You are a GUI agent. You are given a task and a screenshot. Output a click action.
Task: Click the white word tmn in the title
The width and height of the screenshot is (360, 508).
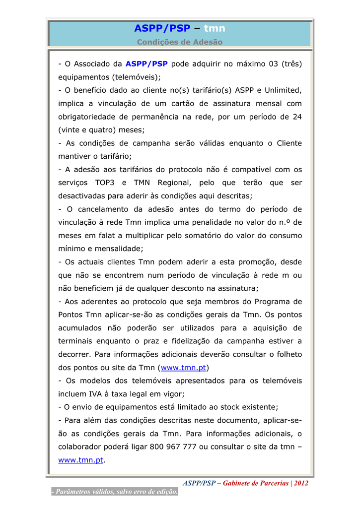click(215, 29)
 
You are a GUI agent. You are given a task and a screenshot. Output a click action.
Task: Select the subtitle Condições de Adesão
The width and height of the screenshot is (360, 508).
click(180, 42)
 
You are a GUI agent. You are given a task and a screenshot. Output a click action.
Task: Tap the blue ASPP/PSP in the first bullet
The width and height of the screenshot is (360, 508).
click(146, 64)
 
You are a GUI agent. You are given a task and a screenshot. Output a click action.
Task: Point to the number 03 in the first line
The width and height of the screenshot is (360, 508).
click(272, 64)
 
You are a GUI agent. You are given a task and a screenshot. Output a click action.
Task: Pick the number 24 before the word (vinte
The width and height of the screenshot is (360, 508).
click(297, 117)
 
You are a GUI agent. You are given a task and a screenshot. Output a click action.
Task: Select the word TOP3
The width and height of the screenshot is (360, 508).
click(105, 183)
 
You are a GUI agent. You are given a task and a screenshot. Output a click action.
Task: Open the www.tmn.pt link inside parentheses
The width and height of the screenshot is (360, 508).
click(183, 368)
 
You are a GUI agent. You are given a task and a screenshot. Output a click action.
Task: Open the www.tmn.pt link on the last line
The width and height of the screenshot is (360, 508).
click(80, 460)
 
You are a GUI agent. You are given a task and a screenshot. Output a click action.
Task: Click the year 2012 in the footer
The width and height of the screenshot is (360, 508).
click(301, 483)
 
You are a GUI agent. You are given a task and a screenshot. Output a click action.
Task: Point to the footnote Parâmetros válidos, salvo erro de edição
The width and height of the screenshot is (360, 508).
click(115, 492)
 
